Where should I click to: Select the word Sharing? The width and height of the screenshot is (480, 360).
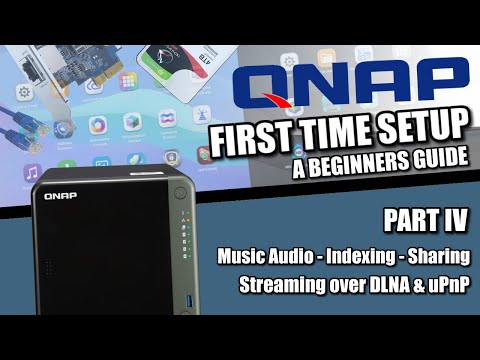point(441,257)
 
